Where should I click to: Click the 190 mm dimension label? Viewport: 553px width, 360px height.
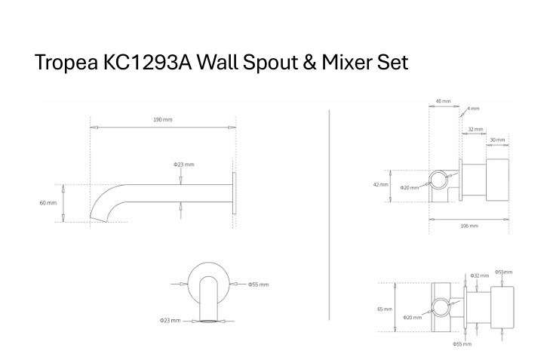tap(163, 119)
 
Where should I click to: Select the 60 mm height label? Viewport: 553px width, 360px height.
tap(48, 203)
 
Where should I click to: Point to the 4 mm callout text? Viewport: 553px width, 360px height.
tap(475, 109)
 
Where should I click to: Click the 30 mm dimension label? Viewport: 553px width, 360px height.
tap(497, 140)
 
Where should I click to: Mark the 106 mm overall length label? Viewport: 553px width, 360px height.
tap(469, 225)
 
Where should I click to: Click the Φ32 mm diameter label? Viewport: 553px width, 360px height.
tap(478, 275)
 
